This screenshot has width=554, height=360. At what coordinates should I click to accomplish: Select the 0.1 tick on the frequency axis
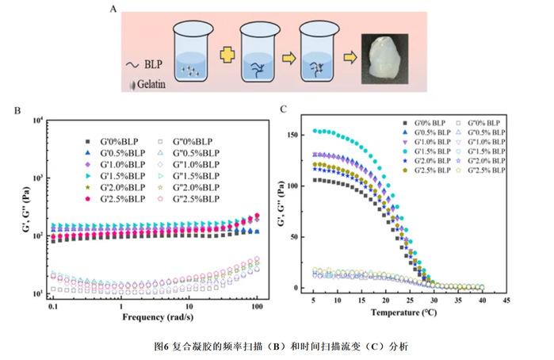pyautogui.click(x=52, y=306)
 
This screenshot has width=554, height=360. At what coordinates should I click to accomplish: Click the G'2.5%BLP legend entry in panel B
pyautogui.click(x=118, y=198)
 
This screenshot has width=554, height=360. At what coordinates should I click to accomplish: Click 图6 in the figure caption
pyautogui.click(x=161, y=347)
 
